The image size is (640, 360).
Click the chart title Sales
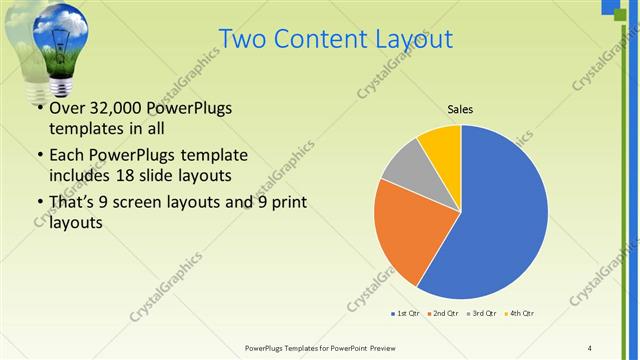click(x=460, y=109)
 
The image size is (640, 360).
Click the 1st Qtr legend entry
click(x=405, y=313)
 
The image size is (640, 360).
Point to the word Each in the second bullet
click(x=67, y=155)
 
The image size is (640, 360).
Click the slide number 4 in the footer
click(x=590, y=347)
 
